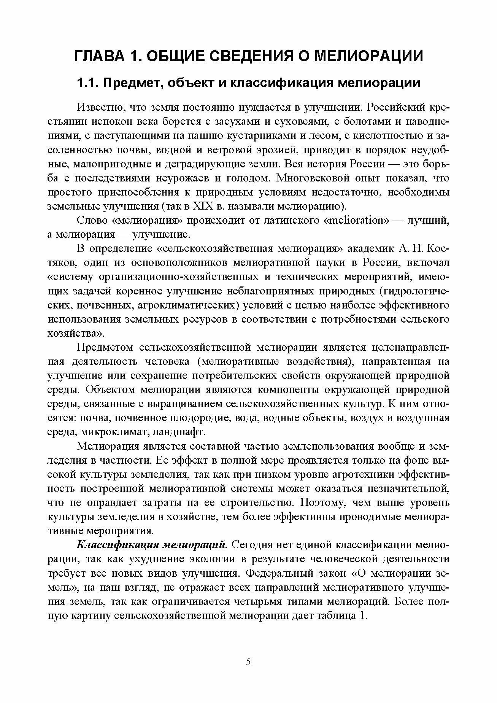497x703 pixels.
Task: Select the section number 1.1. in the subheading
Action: tap(87, 83)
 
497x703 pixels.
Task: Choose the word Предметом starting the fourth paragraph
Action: tap(105, 347)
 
